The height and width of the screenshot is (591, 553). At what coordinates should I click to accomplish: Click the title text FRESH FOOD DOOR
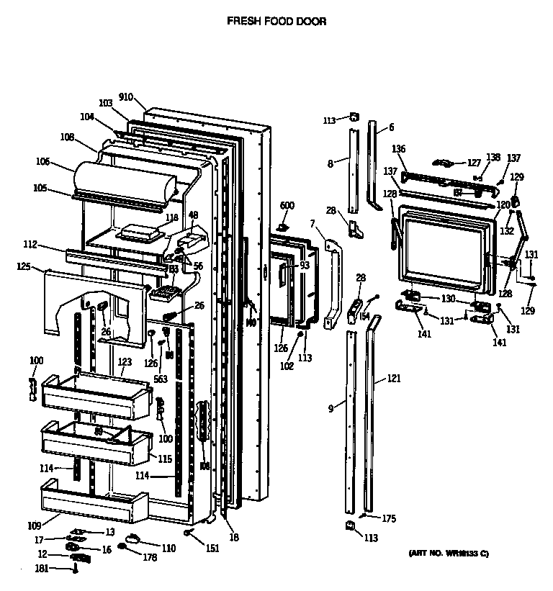276,22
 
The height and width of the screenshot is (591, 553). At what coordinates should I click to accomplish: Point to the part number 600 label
287,206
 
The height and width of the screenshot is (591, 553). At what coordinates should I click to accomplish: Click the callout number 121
393,378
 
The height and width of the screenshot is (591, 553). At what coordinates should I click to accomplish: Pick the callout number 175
389,518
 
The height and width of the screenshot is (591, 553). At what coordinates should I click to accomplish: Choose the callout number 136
399,149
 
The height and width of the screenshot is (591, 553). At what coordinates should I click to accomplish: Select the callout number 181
43,569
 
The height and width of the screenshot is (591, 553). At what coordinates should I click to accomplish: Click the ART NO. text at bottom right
448,553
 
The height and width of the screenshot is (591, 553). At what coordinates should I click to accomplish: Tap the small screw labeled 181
74,569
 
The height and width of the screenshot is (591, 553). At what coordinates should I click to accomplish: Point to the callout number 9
331,409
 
